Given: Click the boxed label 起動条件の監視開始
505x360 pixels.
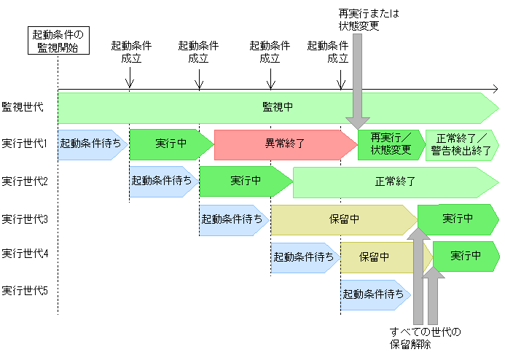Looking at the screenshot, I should click(58, 42).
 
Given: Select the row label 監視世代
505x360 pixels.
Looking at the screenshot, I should click(23, 107).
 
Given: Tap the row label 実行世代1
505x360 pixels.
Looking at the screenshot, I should click(25, 144).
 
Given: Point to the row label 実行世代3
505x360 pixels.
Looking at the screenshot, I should click(25, 219).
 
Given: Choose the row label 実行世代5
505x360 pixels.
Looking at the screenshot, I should click(25, 290).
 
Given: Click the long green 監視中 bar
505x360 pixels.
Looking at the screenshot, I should click(277, 107).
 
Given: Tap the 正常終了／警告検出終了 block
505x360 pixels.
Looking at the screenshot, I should click(462, 144).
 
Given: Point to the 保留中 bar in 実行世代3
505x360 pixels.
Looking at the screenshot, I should click(343, 219).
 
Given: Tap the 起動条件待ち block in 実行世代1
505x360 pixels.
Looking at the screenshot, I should click(92, 144).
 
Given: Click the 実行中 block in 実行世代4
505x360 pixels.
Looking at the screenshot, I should click(466, 257).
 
